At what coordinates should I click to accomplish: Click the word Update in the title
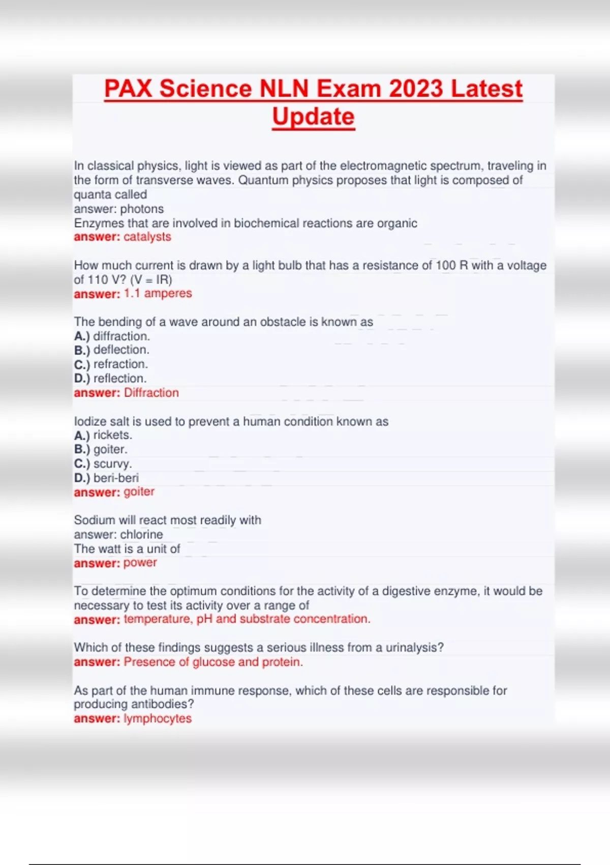[313, 117]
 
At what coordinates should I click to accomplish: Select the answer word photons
[142, 209]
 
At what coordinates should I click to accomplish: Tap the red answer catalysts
[147, 237]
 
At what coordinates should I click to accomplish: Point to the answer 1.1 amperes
[158, 294]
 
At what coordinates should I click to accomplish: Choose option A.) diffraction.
[112, 336]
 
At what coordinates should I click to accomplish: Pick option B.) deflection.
[112, 350]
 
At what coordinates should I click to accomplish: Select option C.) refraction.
[111, 364]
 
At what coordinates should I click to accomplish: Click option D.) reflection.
[110, 379]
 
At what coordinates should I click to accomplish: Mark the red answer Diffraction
[151, 393]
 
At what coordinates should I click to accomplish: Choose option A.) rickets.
[103, 436]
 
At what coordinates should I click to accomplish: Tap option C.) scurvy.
[103, 464]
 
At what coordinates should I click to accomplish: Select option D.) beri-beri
[106, 478]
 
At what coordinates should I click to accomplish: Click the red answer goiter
[139, 492]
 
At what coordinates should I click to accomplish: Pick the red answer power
[140, 563]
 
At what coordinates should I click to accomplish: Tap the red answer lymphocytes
[158, 718]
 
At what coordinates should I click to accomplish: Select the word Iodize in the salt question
[89, 421]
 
